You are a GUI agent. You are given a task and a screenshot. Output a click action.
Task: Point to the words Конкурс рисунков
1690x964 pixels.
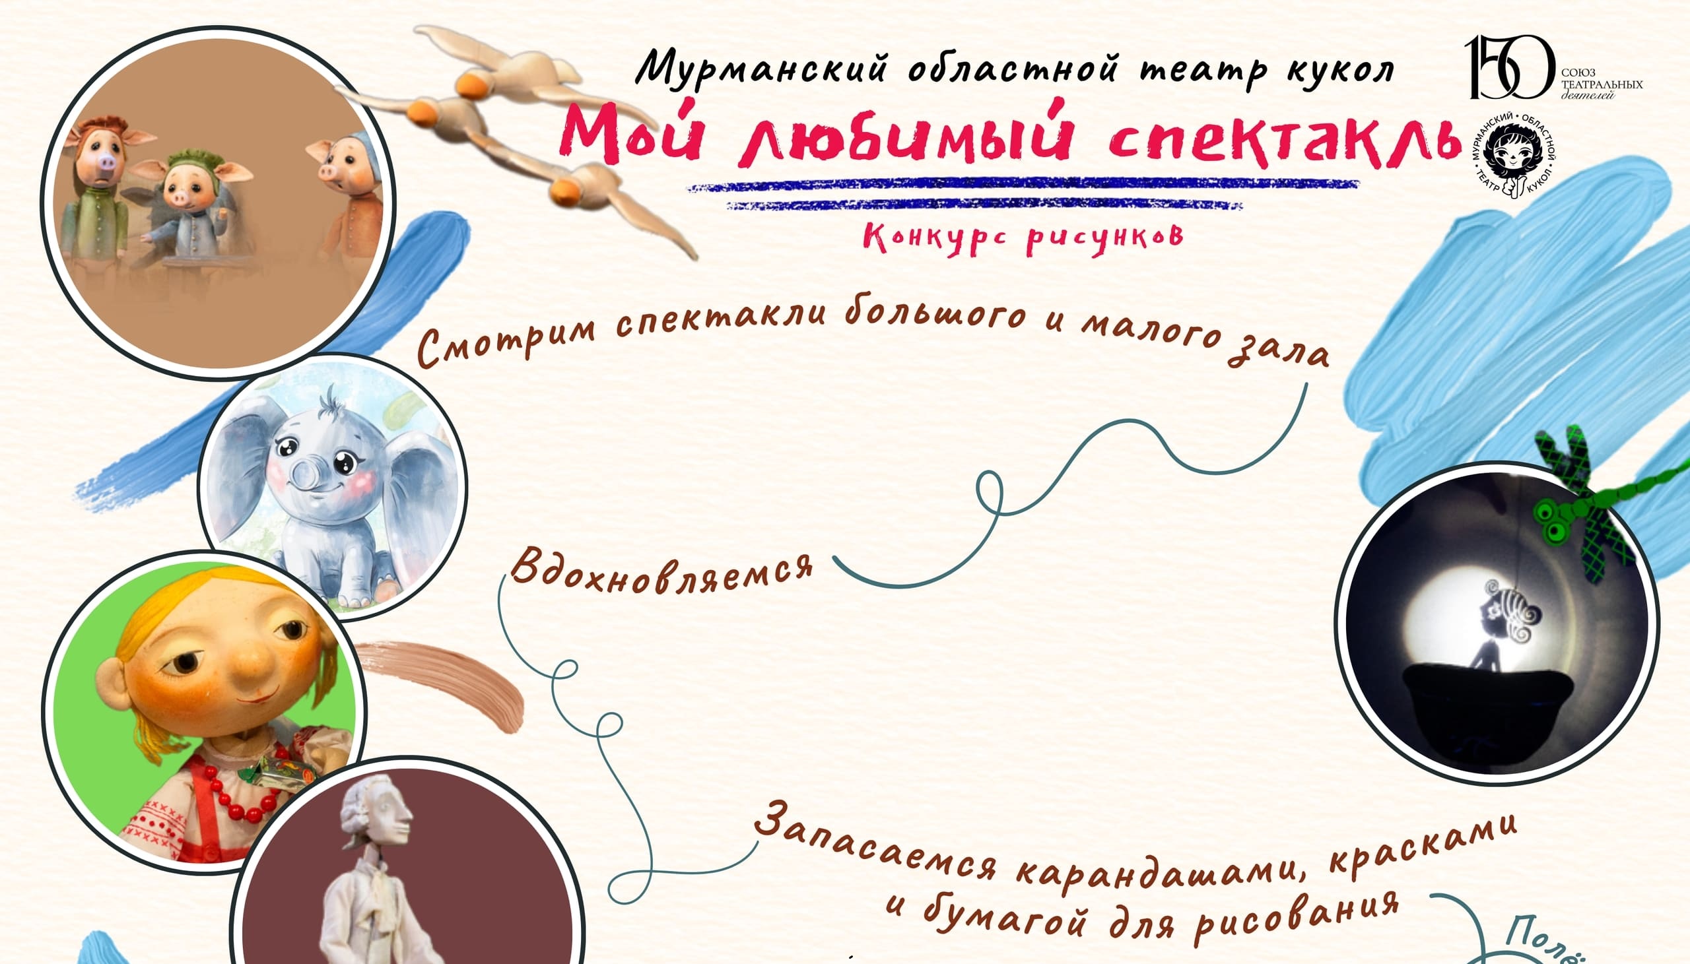[x=1023, y=238]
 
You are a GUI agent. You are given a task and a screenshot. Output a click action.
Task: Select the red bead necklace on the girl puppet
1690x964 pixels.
[x=238, y=788]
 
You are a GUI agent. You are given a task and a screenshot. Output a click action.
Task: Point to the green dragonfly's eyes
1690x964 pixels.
[x=1553, y=520]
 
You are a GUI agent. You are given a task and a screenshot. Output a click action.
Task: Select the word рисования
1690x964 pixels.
[x=1298, y=917]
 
